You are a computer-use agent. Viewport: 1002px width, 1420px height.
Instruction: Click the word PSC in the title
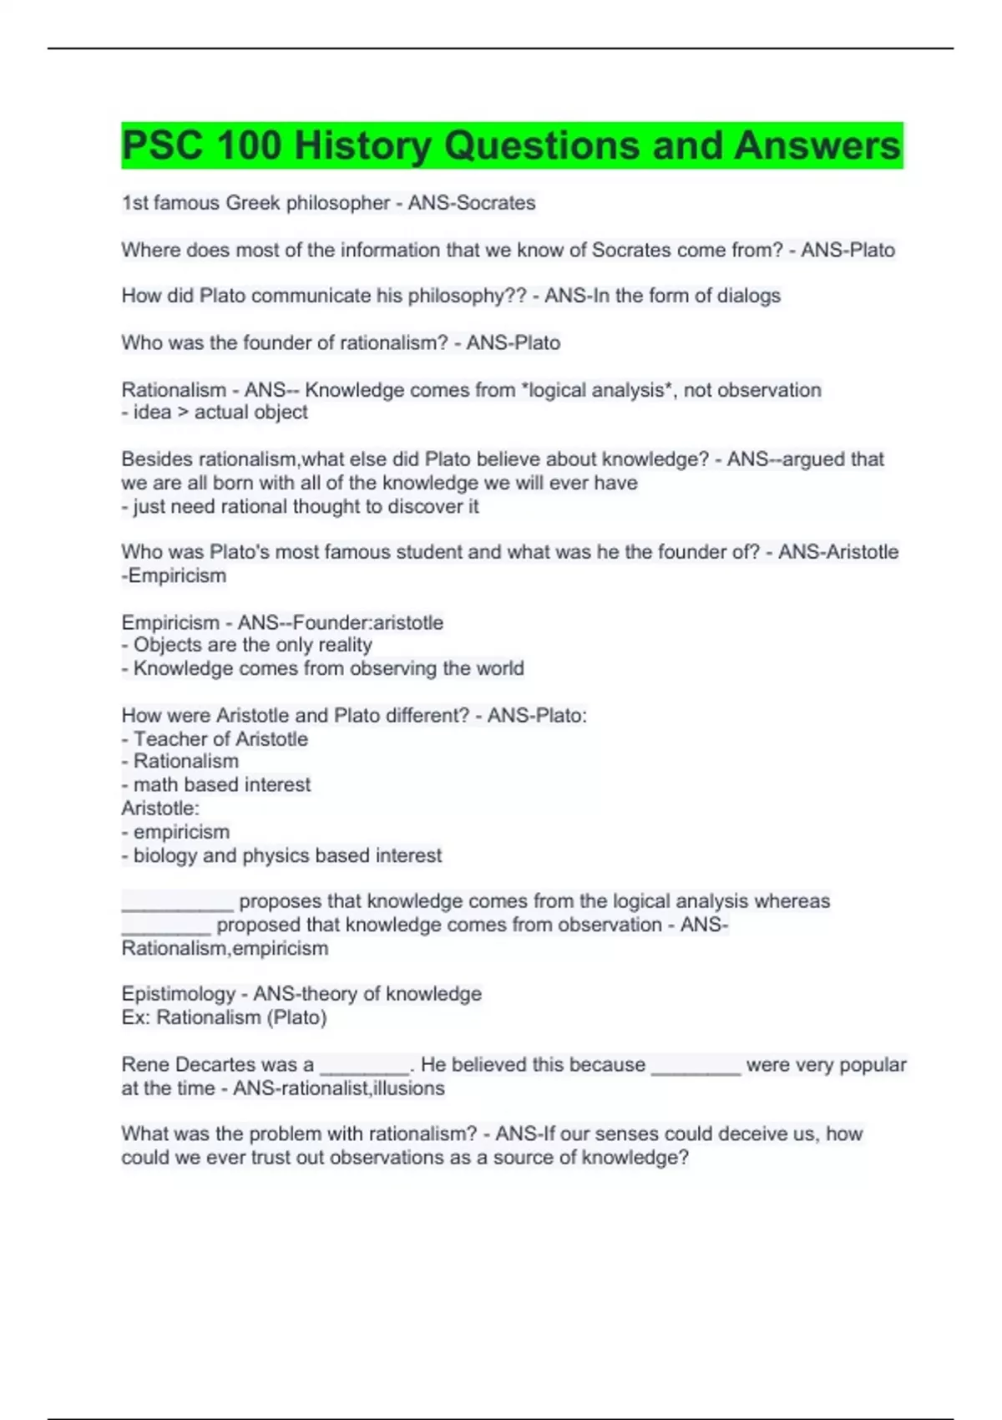[162, 145]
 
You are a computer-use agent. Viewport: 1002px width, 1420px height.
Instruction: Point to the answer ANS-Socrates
[472, 203]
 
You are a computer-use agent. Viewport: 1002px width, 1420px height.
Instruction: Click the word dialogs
[749, 296]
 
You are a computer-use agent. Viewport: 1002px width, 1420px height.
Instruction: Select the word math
[155, 785]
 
